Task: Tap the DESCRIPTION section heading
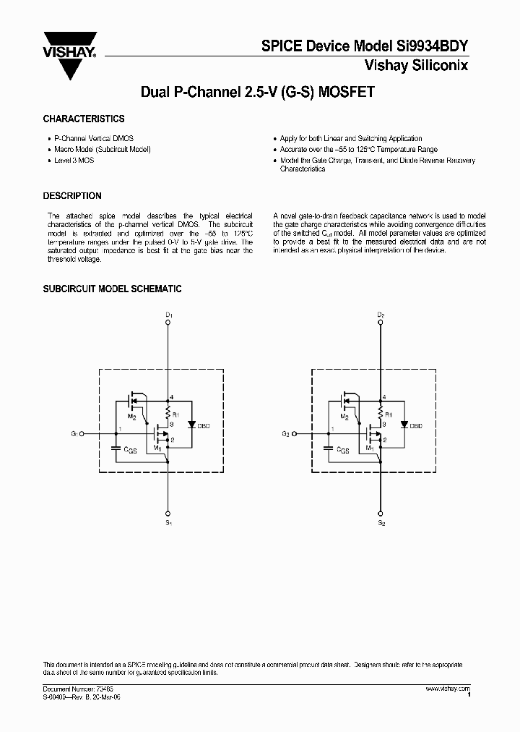pyautogui.click(x=72, y=196)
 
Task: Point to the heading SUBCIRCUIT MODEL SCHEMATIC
pyautogui.click(x=112, y=289)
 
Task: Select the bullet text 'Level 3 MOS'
pyautogui.click(x=74, y=160)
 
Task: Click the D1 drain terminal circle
pyautogui.click(x=168, y=325)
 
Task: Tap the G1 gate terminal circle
pyautogui.click(x=82, y=434)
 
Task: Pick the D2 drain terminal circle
pyautogui.click(x=381, y=325)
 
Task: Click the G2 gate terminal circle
pyautogui.click(x=295, y=434)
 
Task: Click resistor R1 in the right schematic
pyautogui.click(x=381, y=414)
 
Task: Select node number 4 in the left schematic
pyautogui.click(x=172, y=397)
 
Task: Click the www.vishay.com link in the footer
pyautogui.click(x=448, y=688)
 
